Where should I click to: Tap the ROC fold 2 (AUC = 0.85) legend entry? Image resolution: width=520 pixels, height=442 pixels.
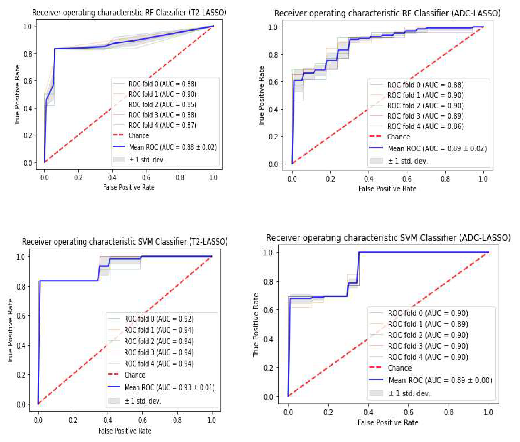pos(162,105)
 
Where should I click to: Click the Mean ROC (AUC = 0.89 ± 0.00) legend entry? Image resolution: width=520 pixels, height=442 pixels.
pos(440,380)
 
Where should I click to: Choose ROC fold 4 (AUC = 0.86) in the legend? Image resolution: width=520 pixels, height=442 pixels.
pos(425,126)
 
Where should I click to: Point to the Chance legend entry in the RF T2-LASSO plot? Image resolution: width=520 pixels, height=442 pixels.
pos(138,136)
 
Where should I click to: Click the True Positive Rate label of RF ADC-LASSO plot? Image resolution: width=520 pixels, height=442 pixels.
pos(261,96)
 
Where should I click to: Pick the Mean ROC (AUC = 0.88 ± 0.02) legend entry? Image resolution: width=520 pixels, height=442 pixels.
pos(173,147)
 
